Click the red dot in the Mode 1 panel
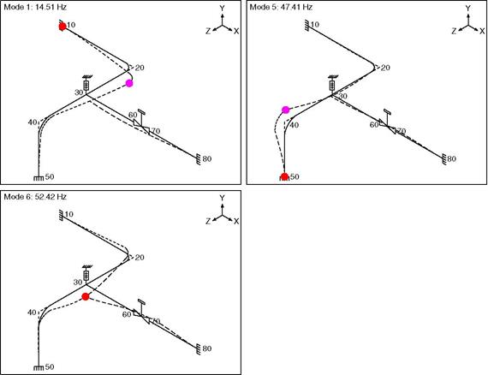pos(62,27)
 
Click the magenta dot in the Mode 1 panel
pos(129,83)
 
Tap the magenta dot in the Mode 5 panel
pos(285,110)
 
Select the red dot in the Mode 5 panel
pos(284,176)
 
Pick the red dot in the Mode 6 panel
pos(86,296)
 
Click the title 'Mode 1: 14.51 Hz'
pos(35,7)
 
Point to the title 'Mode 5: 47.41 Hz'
pos(281,7)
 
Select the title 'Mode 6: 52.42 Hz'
pos(35,197)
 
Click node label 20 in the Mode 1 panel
pos(140,68)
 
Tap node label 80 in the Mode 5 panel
pos(451,158)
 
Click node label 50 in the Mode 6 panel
pos(50,367)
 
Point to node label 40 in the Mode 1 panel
pos(33,122)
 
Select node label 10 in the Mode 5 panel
pos(315,24)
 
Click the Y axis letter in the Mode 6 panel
pos(222,198)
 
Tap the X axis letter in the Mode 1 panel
pos(236,31)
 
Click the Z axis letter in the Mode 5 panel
pos(454,31)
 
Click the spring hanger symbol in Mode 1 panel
pos(86,84)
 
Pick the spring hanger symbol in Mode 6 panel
pos(86,274)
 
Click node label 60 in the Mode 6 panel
pos(127,314)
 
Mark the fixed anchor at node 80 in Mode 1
pos(198,159)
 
